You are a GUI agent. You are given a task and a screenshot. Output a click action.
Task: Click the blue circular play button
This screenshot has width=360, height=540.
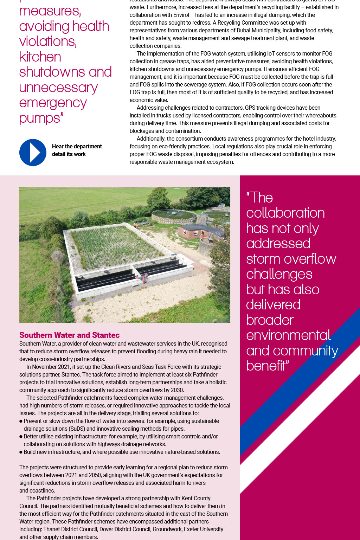tap(33, 152)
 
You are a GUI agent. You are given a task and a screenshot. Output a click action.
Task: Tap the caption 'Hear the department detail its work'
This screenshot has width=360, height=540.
tap(77, 150)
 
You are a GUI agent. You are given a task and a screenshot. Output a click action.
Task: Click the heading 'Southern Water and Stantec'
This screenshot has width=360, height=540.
tap(69, 335)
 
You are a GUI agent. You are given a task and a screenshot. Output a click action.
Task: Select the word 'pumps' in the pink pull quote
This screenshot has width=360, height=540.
tap(40, 118)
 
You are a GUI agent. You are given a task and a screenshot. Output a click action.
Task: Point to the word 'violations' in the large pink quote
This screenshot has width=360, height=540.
tap(47, 41)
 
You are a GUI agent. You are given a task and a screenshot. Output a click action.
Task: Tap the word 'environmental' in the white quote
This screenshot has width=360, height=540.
tap(288, 335)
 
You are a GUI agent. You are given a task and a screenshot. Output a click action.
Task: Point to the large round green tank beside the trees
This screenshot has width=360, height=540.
tap(174, 215)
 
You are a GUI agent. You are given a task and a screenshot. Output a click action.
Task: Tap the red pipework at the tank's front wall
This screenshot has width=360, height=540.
tap(142, 277)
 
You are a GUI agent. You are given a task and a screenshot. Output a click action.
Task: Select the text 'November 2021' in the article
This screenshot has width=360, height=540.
tap(49, 367)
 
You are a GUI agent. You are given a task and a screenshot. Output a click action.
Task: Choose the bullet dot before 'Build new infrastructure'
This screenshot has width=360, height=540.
tap(21, 452)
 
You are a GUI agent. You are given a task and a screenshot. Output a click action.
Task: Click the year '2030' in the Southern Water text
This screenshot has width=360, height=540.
tap(177, 390)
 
